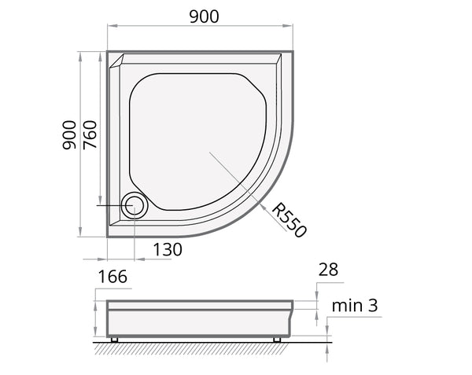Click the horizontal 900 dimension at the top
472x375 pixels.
point(204,17)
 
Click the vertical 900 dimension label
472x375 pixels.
point(69,135)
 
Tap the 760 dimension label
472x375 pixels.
point(90,135)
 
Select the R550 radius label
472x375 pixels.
point(289,220)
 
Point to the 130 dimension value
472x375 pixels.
point(168,249)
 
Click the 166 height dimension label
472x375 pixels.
point(112,277)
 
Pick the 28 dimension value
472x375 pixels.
point(328,270)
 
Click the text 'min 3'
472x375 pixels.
point(355,306)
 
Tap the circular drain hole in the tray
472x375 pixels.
point(135,205)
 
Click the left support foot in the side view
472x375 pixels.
point(114,340)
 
